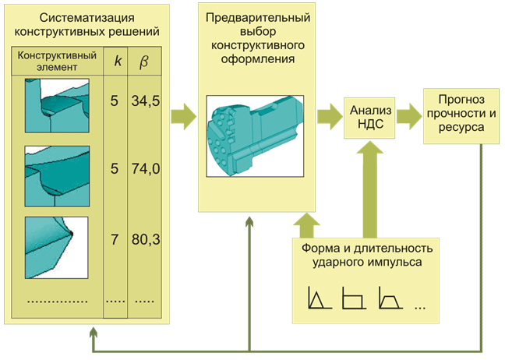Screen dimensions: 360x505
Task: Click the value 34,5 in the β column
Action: [146, 101]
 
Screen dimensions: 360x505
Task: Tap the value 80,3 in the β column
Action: [146, 239]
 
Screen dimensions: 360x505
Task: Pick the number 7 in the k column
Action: [114, 239]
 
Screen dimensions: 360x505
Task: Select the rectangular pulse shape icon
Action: [354, 298]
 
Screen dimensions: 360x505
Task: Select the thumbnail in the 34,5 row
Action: [58, 101]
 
